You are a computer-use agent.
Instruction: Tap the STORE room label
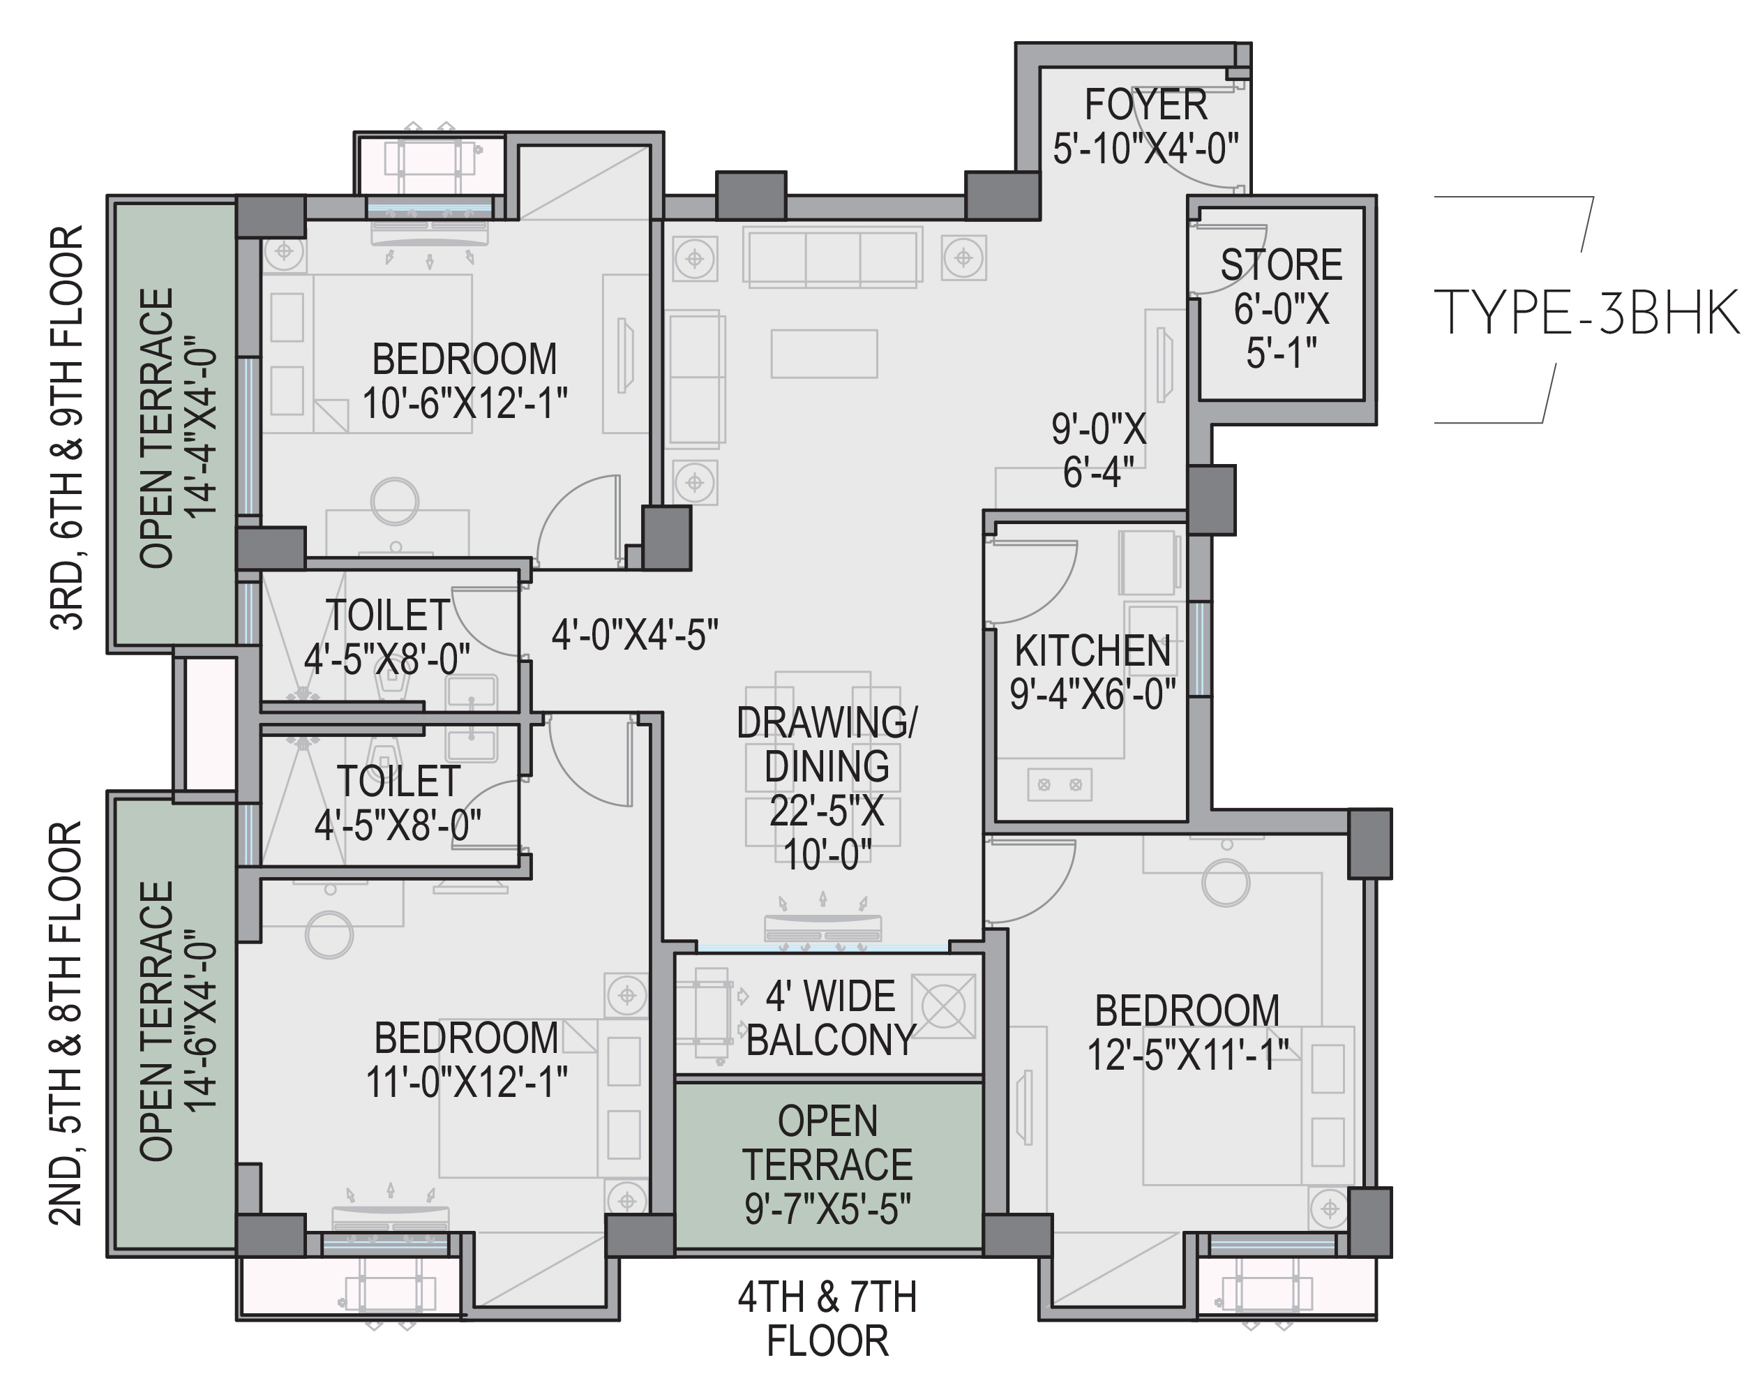tap(1282, 265)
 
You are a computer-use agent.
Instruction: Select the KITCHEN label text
tap(1092, 651)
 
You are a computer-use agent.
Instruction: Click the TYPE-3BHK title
tap(1586, 313)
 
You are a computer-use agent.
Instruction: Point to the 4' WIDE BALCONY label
tap(831, 1017)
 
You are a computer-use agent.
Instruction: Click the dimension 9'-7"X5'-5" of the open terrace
tap(827, 1209)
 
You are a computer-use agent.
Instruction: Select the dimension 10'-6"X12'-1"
tap(465, 403)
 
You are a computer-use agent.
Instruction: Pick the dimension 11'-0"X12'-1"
tap(467, 1082)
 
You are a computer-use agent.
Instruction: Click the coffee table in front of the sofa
tap(824, 353)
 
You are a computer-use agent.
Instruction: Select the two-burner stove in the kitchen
tap(1060, 785)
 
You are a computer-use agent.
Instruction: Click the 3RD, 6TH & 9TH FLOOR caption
tap(68, 427)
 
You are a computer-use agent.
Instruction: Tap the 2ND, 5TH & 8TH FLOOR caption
tap(68, 1023)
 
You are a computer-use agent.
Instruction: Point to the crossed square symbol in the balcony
tap(944, 1006)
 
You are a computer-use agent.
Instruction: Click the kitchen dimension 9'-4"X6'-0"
tap(1093, 694)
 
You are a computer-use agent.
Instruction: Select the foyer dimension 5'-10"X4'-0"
tap(1146, 149)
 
